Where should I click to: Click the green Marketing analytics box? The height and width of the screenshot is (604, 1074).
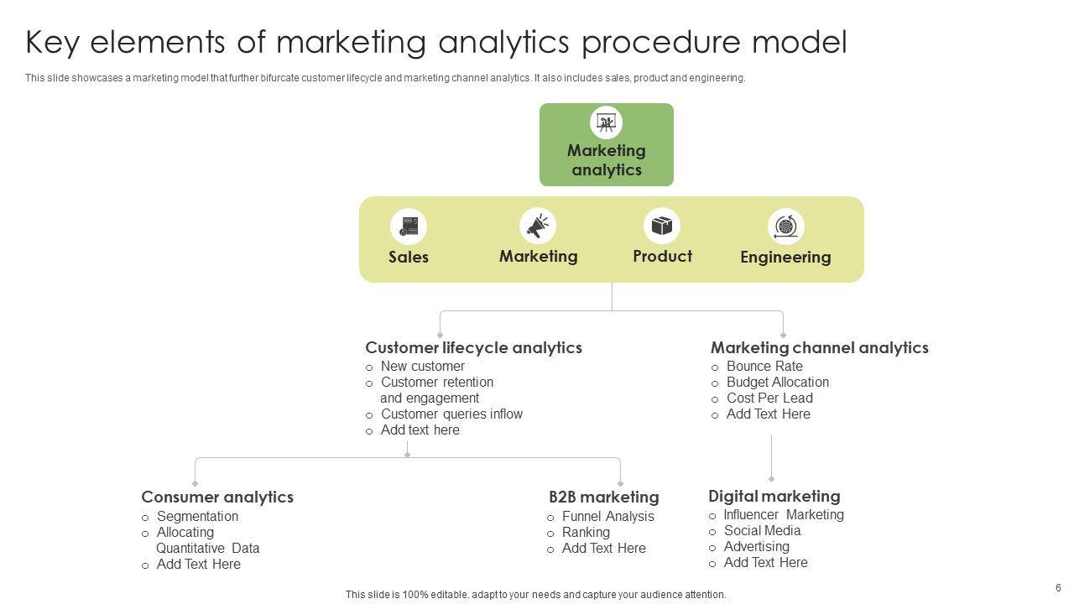tap(606, 144)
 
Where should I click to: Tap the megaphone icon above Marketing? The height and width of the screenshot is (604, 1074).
tap(538, 226)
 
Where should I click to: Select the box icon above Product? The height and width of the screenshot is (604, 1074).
tap(662, 226)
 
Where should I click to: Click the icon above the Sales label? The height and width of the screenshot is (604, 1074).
tap(409, 226)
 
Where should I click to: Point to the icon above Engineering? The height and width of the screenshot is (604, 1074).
tap(785, 226)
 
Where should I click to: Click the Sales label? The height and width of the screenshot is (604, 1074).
tap(409, 257)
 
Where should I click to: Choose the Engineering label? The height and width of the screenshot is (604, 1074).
tap(785, 257)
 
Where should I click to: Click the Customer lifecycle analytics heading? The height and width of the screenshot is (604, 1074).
tap(473, 347)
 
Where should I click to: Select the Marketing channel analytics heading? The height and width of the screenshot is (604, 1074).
tap(819, 347)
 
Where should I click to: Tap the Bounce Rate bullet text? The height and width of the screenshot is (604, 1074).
tap(764, 366)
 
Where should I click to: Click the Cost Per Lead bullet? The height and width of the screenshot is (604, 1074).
tap(769, 398)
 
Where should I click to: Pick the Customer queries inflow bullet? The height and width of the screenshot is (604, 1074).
tap(451, 414)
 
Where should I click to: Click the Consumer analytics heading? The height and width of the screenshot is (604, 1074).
tap(217, 497)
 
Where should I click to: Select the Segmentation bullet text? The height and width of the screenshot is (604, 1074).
tap(197, 516)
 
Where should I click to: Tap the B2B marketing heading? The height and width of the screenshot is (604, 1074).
tap(603, 497)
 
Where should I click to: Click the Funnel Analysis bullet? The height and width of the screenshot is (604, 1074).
tap(607, 516)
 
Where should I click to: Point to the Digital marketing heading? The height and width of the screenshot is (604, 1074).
tap(774, 496)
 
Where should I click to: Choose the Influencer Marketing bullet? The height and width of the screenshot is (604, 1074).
tap(784, 514)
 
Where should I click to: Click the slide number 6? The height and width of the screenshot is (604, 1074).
tap(1058, 587)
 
